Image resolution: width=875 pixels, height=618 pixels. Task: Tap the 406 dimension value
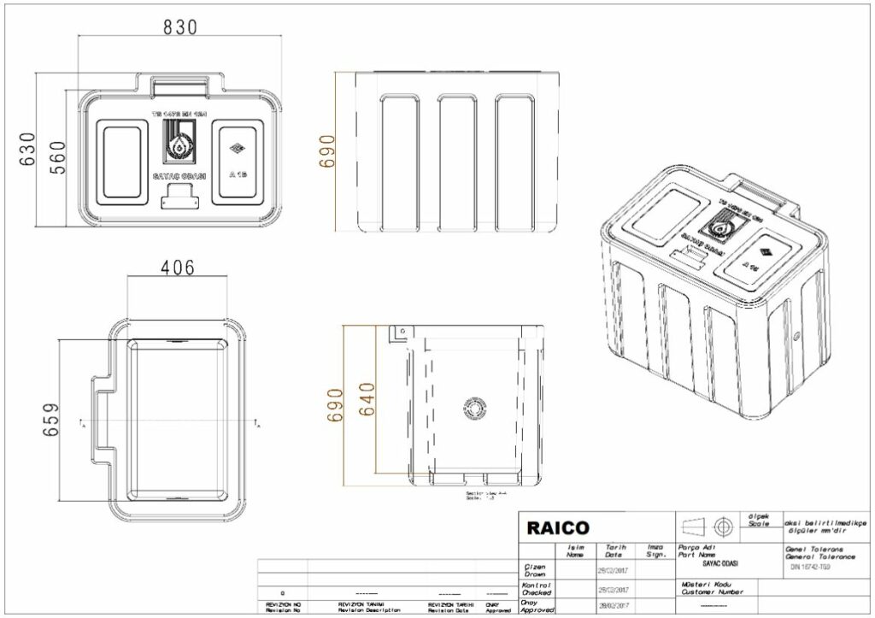pos(178,267)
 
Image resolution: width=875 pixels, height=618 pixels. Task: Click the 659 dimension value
pos(52,421)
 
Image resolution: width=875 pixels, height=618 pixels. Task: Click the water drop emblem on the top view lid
pos(179,145)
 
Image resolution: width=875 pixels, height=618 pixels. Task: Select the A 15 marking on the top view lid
pos(237,174)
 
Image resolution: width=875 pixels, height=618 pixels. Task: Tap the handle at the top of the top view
pos(179,84)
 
